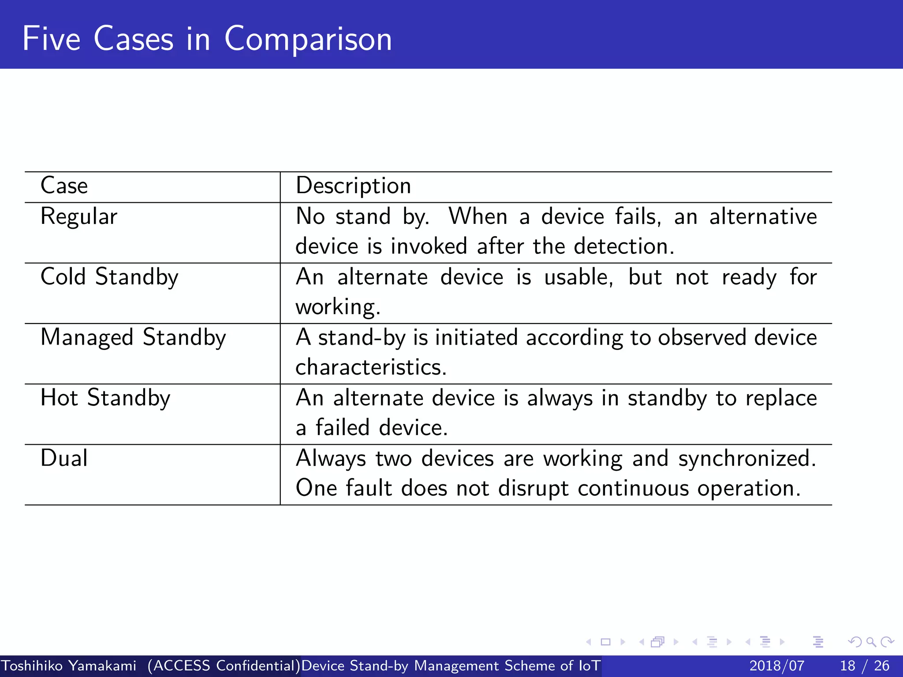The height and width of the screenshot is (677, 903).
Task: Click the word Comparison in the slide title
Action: (x=308, y=40)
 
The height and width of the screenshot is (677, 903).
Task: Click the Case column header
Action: (x=64, y=186)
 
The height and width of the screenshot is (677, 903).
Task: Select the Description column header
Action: (x=353, y=186)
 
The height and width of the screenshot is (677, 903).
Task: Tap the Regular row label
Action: (x=79, y=217)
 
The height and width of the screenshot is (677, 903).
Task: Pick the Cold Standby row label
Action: (x=109, y=277)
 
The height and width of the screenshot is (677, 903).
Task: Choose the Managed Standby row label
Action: (x=133, y=338)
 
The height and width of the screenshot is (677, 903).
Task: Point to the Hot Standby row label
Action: (x=105, y=398)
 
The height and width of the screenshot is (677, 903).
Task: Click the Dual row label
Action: (x=64, y=458)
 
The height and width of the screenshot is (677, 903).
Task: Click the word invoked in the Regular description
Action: (x=428, y=246)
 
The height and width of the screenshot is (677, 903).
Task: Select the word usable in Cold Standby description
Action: (x=578, y=277)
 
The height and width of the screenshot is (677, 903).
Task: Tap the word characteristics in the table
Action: (x=370, y=367)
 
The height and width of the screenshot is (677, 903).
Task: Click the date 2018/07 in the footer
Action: (x=776, y=666)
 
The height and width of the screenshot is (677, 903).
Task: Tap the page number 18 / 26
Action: (x=864, y=666)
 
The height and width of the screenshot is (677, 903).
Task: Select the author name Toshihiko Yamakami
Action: (x=68, y=666)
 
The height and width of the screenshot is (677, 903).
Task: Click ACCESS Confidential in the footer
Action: (x=224, y=666)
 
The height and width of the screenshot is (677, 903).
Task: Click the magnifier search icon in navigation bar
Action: (x=871, y=642)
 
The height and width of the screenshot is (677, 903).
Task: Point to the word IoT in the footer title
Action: (x=589, y=666)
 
